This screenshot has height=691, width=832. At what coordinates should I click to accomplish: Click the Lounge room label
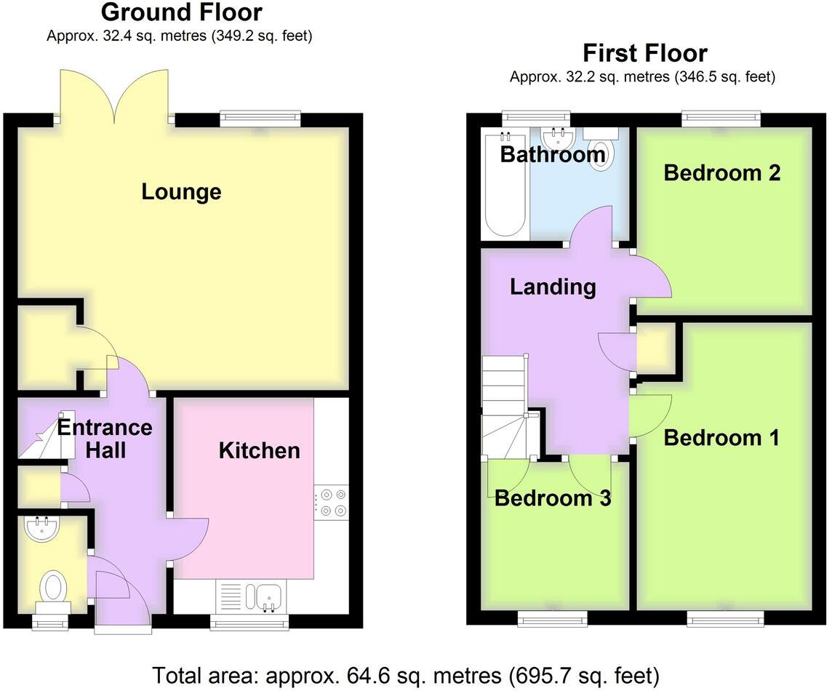point(181,192)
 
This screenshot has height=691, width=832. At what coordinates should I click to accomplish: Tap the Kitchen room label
point(259,450)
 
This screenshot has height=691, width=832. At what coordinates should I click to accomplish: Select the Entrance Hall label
point(105,438)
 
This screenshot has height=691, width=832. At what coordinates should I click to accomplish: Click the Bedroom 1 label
point(721,438)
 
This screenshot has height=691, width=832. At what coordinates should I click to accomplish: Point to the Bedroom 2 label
point(721,173)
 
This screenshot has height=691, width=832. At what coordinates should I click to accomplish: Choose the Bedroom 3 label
point(553,498)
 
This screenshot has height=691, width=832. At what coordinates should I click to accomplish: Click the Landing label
point(553,287)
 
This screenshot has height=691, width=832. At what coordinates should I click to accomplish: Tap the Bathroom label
point(553,154)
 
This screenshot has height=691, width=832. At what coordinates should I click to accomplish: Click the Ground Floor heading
point(181,12)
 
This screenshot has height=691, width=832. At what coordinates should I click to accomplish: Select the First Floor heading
point(644,53)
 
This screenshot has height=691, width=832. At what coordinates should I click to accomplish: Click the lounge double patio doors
point(113,95)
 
